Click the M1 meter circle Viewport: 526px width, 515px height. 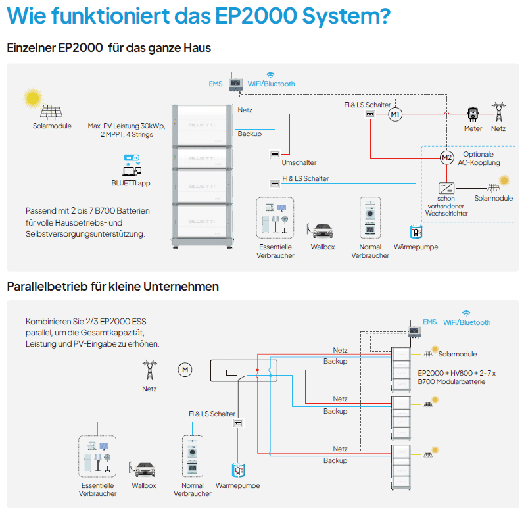click(x=394, y=115)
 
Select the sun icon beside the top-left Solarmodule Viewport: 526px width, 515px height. click(x=32, y=99)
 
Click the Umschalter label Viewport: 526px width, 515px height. click(x=299, y=162)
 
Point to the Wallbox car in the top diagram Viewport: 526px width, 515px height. click(x=322, y=232)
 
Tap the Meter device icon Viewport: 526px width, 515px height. click(x=471, y=114)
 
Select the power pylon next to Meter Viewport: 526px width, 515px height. click(x=499, y=112)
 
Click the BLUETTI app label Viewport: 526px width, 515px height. click(x=131, y=183)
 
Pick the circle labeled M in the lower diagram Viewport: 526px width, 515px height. click(x=185, y=369)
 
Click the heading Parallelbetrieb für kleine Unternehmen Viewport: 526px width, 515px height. click(x=112, y=287)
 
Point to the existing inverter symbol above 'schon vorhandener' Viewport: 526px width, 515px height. click(x=445, y=188)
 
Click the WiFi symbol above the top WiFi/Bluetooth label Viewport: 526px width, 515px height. click(x=270, y=75)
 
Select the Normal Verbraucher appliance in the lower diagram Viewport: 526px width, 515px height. click(x=192, y=454)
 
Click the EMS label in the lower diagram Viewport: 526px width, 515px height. click(x=429, y=322)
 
